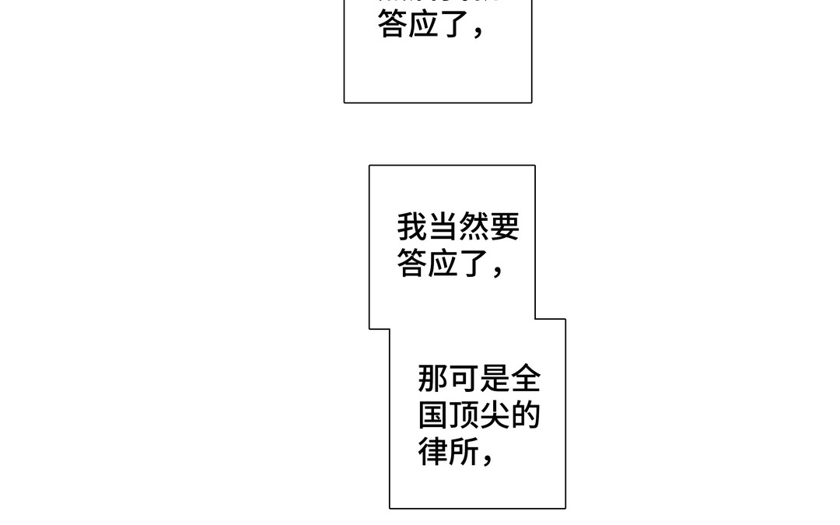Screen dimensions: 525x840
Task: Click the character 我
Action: [x=412, y=228]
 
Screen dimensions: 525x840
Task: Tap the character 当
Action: [x=443, y=228]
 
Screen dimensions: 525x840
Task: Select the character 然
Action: [x=473, y=228]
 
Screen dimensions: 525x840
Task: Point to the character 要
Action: [x=504, y=228]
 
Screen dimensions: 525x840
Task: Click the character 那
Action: [x=433, y=380]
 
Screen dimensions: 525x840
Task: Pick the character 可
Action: [x=464, y=380]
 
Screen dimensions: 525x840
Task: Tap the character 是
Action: [x=495, y=380]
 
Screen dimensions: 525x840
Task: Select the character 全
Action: [x=525, y=380]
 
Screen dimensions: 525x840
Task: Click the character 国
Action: [x=433, y=415]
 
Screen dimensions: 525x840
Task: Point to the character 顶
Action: [x=464, y=415]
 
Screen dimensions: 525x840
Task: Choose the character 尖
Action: [x=495, y=415]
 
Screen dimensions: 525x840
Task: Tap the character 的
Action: [x=525, y=415]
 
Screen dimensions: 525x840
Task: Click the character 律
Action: [x=433, y=451]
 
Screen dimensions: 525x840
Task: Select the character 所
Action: [x=464, y=451]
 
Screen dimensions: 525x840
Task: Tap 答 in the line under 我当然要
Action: [x=412, y=264]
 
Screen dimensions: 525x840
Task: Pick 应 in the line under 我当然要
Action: [x=443, y=264]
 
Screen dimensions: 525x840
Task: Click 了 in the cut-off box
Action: [x=453, y=24]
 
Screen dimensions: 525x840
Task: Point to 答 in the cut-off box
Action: [x=393, y=24]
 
